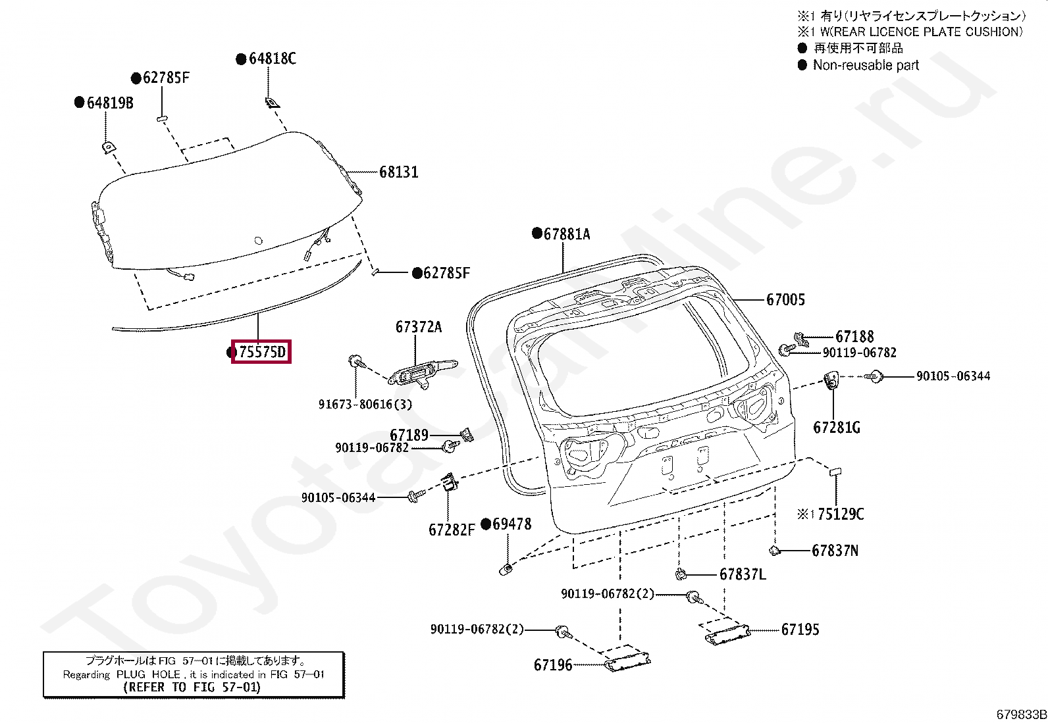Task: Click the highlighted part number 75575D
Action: tap(261, 352)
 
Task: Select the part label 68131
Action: tap(399, 172)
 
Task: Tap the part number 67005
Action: tap(785, 300)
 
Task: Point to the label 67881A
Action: tap(567, 234)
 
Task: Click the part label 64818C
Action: tap(272, 59)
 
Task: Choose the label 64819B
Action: tap(110, 103)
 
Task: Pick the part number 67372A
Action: tap(419, 327)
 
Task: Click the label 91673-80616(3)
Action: tap(365, 405)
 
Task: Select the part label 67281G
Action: tap(837, 428)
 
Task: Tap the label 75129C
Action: tap(841, 514)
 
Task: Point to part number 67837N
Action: tap(835, 551)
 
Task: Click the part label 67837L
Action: tap(743, 574)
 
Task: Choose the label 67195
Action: tap(800, 630)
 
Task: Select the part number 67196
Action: tap(553, 665)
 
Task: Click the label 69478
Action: tap(511, 524)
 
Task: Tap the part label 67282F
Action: tap(452, 530)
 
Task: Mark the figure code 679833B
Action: tap(1021, 714)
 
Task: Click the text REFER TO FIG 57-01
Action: tap(192, 687)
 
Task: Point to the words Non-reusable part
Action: tap(866, 65)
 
